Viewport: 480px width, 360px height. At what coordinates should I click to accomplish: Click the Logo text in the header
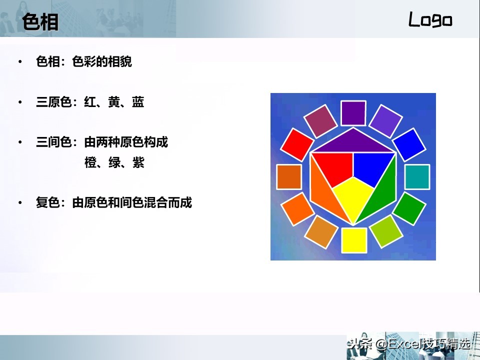tap(430, 19)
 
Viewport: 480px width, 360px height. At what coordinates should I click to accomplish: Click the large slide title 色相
tap(40, 21)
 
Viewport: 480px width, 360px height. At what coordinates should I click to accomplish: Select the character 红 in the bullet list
tap(90, 102)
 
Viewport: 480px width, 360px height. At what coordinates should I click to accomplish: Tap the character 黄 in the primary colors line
tap(114, 102)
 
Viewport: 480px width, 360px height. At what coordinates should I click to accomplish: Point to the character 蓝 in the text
tap(138, 102)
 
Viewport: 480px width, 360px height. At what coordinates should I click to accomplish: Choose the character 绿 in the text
tap(114, 162)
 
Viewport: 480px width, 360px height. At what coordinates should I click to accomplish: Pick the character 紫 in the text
tap(138, 162)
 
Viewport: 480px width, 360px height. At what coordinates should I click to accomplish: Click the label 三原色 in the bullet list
tap(54, 102)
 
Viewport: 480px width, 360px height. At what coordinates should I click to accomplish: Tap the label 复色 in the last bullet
tap(48, 202)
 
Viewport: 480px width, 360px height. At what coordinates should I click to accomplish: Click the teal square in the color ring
tap(417, 176)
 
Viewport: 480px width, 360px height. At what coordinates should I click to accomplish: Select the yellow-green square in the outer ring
tap(386, 231)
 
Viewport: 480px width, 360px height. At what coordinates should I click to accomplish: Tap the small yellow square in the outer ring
tap(354, 240)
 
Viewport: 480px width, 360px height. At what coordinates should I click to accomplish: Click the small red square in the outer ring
tap(297, 145)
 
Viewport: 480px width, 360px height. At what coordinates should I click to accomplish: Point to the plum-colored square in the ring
tap(320, 121)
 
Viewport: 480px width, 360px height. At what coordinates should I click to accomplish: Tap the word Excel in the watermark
tap(405, 344)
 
